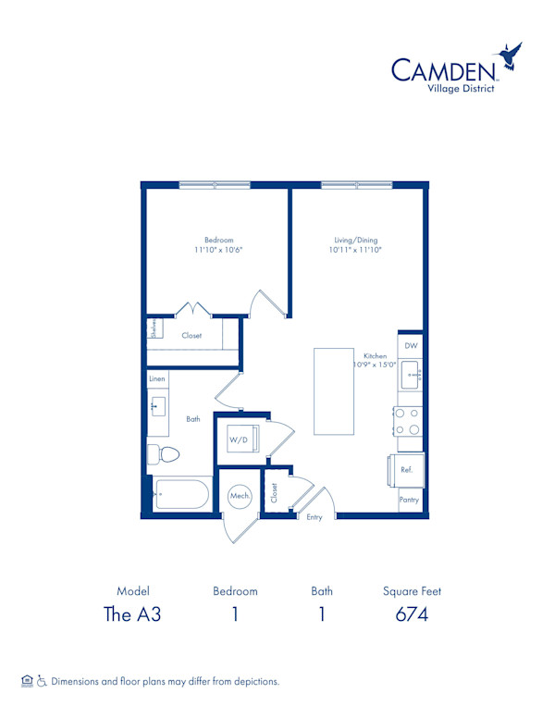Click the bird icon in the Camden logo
[510, 57]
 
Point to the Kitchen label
[374, 355]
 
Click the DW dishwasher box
[411, 345]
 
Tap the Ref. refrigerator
[406, 470]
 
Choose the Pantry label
[409, 499]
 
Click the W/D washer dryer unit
[239, 439]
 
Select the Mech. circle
[240, 496]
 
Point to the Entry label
[314, 517]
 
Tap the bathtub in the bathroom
[181, 495]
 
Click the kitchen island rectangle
[334, 390]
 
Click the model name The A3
[133, 614]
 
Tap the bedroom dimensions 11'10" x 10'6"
[218, 250]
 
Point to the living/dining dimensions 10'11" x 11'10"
[354, 250]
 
